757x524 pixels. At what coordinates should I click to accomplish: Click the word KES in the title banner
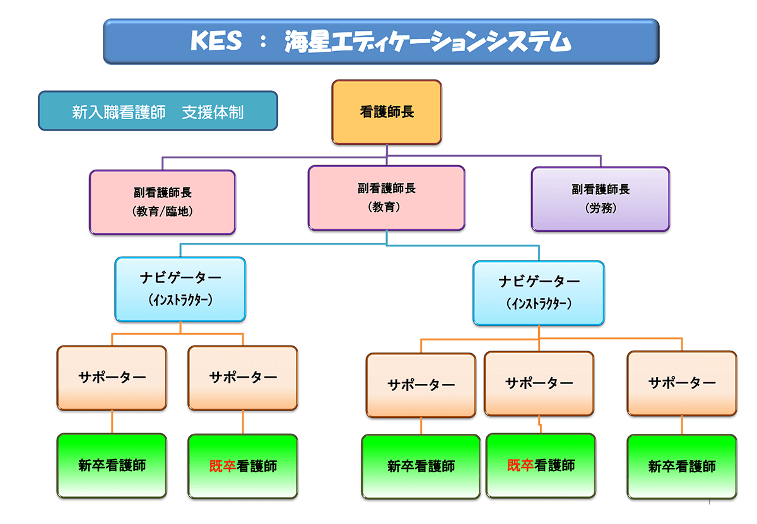click(x=216, y=42)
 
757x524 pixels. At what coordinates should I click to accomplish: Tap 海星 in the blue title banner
click(x=306, y=42)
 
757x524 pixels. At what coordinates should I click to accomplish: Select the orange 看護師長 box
click(x=387, y=112)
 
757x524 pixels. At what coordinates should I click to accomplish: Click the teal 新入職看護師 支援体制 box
click(x=158, y=111)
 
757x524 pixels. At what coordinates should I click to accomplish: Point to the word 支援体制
click(x=213, y=112)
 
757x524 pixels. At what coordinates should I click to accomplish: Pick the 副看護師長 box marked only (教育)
click(x=386, y=197)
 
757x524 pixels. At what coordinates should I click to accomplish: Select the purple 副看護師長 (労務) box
click(x=600, y=199)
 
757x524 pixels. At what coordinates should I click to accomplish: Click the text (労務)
click(x=600, y=208)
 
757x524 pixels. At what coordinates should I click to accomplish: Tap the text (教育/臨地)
click(x=162, y=212)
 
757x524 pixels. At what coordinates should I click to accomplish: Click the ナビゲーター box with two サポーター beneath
click(x=180, y=289)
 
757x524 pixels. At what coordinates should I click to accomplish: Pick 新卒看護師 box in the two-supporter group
click(x=112, y=465)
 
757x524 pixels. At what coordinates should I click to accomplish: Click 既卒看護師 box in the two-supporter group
click(x=243, y=466)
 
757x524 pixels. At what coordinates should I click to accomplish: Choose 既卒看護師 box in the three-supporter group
click(x=541, y=465)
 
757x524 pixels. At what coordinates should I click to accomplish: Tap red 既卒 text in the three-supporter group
click(x=520, y=465)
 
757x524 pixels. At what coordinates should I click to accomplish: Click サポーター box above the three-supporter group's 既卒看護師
click(x=539, y=383)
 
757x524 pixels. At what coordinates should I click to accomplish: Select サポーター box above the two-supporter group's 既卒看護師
click(x=243, y=377)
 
